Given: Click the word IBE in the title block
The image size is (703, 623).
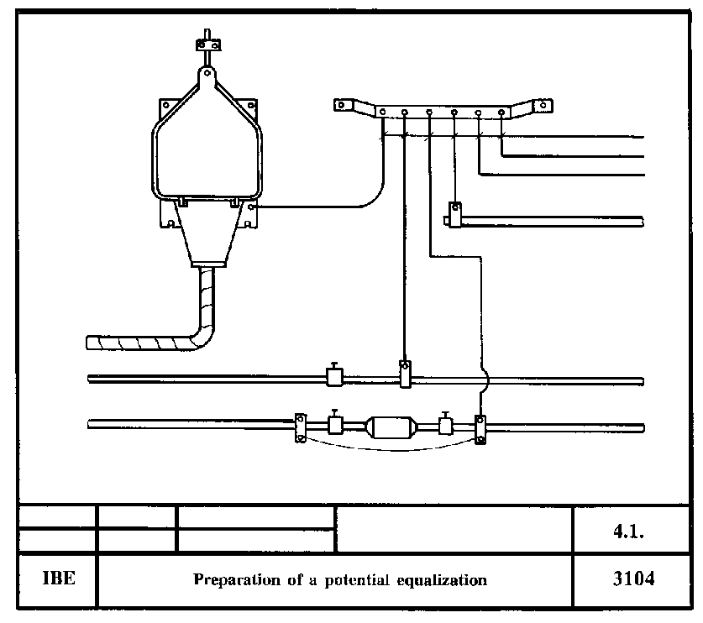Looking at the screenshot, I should [x=58, y=579].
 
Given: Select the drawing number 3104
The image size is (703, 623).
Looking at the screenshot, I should [x=634, y=579].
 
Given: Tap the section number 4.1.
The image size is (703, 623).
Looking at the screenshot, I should [x=635, y=531].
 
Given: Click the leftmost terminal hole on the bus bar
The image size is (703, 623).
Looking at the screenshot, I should [x=382, y=111].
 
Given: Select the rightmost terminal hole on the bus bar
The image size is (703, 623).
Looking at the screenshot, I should [x=502, y=111].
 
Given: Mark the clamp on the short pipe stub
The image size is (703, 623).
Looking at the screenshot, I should [x=454, y=215].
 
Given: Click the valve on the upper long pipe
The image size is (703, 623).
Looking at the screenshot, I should [x=335, y=376].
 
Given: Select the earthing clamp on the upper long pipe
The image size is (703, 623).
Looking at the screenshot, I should [x=405, y=374].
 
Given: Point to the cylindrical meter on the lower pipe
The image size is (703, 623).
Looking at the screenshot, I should [x=389, y=427].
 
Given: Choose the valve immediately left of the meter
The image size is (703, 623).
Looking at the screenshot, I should [x=335, y=424].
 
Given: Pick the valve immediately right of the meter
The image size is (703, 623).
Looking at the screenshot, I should [x=445, y=424].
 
